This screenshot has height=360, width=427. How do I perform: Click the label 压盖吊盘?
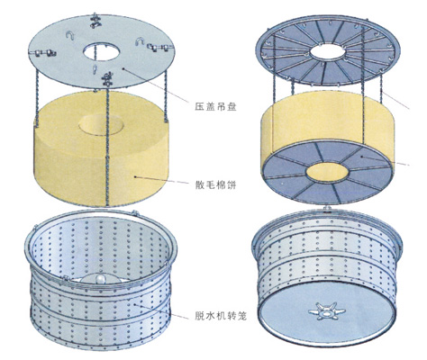[x=215, y=106]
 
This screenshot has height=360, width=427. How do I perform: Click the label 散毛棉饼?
[x=215, y=184]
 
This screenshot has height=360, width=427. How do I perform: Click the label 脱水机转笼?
[x=221, y=315]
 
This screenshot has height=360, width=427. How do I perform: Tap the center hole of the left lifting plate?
[x=102, y=52]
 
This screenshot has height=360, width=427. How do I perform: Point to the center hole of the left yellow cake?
[x=101, y=125]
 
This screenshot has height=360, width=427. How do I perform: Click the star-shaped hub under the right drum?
[x=327, y=311]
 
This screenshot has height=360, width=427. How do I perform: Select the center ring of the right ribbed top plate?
[x=328, y=52]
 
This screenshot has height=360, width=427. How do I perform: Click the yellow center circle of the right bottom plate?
[x=327, y=172]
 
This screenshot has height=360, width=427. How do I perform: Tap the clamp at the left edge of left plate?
[x=45, y=53]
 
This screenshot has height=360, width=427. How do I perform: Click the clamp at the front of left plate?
[x=107, y=79]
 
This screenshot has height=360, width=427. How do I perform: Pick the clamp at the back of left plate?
[x=95, y=21]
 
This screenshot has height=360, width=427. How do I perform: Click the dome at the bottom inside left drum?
[x=100, y=279]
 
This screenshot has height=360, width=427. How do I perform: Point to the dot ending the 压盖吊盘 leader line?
[x=123, y=68]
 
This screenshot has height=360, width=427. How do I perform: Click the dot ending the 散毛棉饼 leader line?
[x=136, y=177]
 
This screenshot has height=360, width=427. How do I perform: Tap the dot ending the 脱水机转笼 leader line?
[x=135, y=304]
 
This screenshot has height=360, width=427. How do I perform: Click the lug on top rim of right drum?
[x=327, y=209]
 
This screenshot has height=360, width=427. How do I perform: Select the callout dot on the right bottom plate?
[x=363, y=157]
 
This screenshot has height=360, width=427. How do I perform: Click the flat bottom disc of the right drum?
[x=327, y=313]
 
